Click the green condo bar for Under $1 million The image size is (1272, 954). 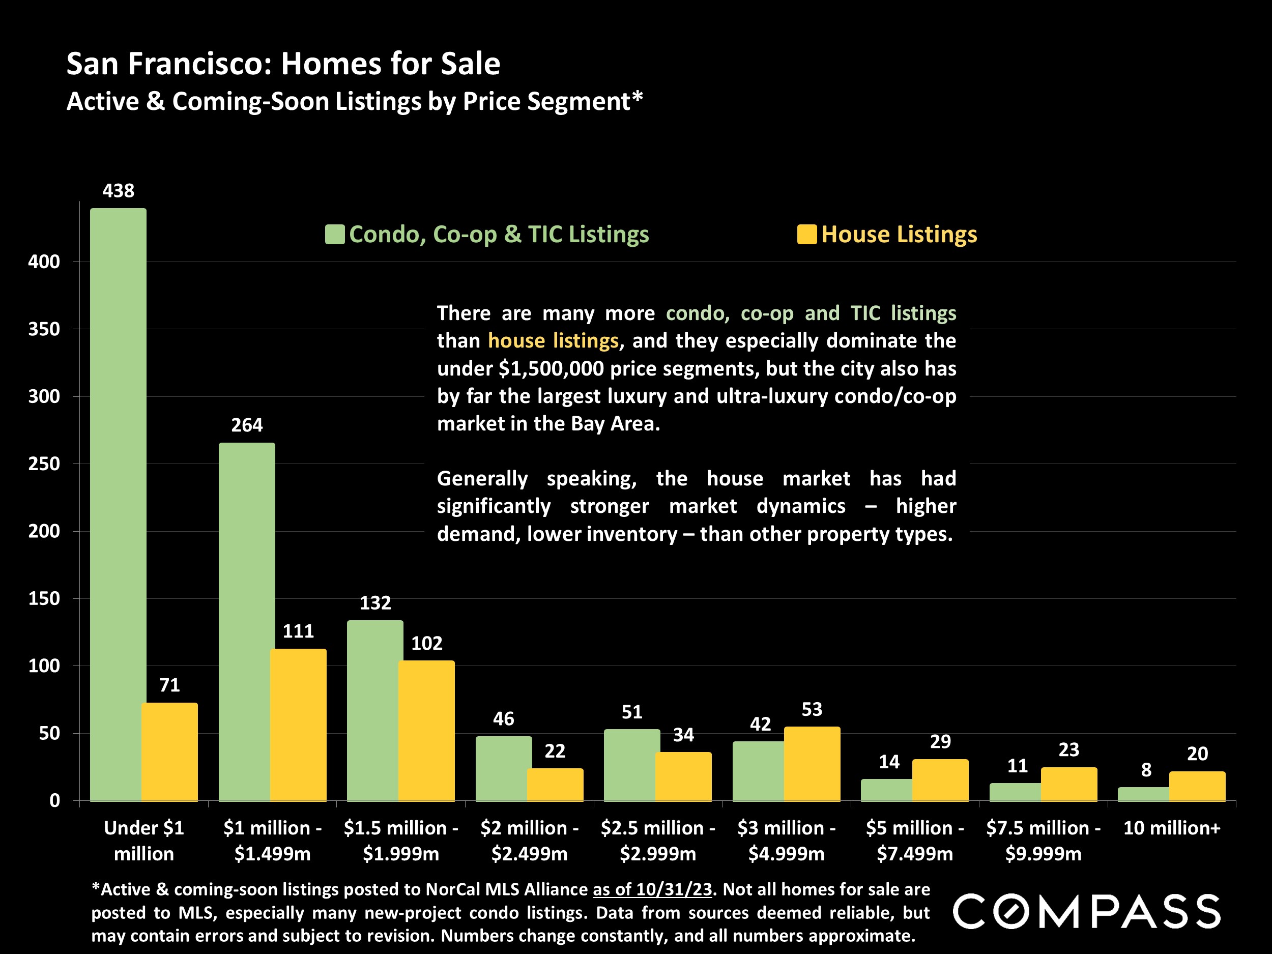(118, 504)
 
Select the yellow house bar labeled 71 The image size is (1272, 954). (169, 751)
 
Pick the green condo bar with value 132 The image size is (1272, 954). (375, 710)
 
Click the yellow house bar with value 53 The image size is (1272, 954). (812, 764)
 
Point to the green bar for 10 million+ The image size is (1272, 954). (1143, 794)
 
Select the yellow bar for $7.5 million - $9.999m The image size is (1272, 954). (1068, 784)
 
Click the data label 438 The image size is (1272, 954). (119, 190)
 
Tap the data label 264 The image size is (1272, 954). (247, 425)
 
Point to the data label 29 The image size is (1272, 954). (940, 742)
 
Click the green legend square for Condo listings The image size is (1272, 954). (335, 235)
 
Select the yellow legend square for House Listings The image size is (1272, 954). (806, 235)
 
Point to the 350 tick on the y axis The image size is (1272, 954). (44, 329)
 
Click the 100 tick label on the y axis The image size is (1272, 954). (44, 666)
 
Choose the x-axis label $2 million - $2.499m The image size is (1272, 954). (529, 841)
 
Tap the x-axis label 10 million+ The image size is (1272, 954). (1171, 828)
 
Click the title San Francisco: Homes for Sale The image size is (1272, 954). (283, 63)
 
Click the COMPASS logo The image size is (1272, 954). (1086, 911)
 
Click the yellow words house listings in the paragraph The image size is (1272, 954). (553, 341)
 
